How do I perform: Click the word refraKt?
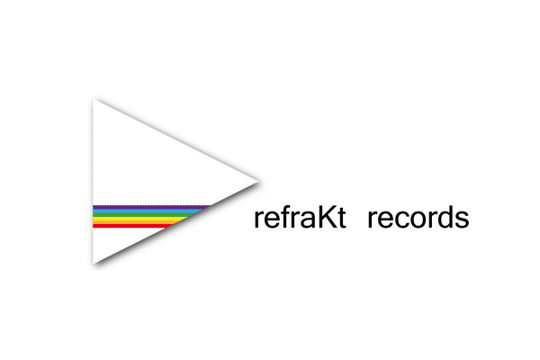(300, 217)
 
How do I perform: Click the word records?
(418, 217)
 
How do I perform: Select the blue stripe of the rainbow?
(148, 211)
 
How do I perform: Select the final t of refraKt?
(341, 218)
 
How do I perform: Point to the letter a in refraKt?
(308, 220)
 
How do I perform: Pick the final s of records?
(463, 220)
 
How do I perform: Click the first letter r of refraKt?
(258, 220)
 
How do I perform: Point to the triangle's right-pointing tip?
(258, 181)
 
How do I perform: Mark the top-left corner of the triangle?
(93, 100)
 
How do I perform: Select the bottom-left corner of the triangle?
(93, 264)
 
